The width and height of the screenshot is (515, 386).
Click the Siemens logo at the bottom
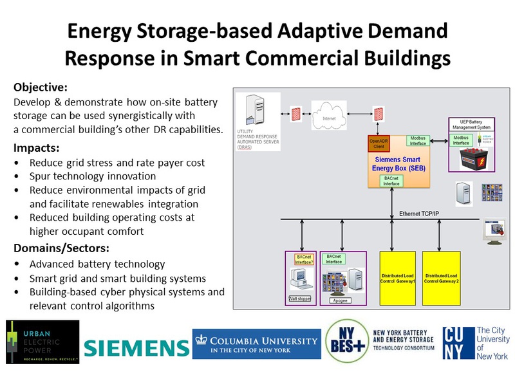point(136,348)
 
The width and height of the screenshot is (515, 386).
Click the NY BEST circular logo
point(345,341)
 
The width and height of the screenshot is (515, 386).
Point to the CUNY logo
point(475,342)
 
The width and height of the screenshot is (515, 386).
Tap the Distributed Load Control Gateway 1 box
point(397,279)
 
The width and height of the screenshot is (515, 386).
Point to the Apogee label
point(341,300)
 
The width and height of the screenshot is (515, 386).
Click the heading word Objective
point(40,87)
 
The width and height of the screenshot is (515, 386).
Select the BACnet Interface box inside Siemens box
point(391,181)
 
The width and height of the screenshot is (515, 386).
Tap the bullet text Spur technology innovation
point(93,176)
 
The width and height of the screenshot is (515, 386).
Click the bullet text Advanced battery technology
point(97,264)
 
